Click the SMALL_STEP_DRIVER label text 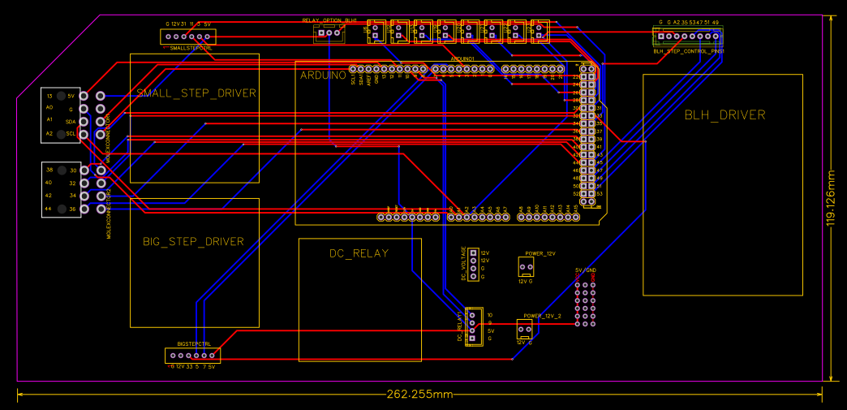click(x=196, y=93)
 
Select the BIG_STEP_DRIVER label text click(x=193, y=241)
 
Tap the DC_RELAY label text click(x=359, y=253)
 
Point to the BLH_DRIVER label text click(x=724, y=115)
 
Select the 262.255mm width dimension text click(x=419, y=395)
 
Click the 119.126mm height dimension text click(x=830, y=199)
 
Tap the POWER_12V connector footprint click(x=526, y=266)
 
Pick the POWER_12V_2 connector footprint click(x=525, y=327)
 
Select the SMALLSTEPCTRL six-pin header click(x=187, y=37)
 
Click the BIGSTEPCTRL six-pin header click(x=192, y=356)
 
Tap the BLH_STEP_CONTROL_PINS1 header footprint click(x=688, y=37)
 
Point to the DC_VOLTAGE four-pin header click(x=473, y=264)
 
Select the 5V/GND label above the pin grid click(x=585, y=270)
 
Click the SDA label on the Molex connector click(x=71, y=120)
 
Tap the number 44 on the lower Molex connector click(x=49, y=209)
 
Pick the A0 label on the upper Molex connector click(x=49, y=107)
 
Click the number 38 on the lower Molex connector click(x=49, y=170)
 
